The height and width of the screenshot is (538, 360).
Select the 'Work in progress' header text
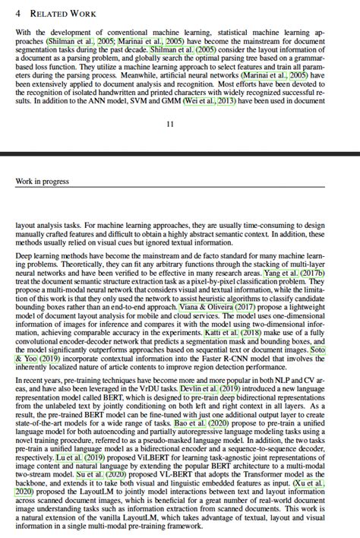pyautogui.click(x=42, y=182)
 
